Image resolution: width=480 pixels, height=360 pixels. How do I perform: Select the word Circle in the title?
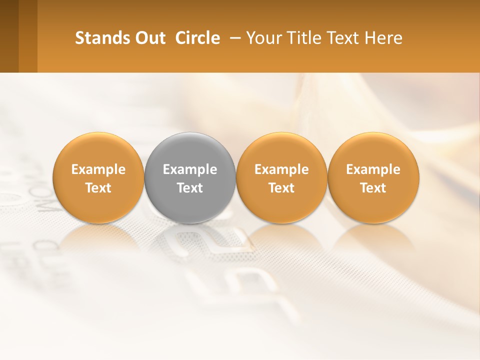(197, 38)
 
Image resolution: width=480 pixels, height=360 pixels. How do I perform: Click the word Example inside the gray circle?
(190, 169)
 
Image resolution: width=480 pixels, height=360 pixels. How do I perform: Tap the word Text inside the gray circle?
(190, 188)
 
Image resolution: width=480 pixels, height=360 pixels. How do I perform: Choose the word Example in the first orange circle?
(98, 169)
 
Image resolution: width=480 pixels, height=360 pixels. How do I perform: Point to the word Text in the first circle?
(98, 188)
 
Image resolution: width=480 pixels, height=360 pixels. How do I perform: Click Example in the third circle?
(281, 169)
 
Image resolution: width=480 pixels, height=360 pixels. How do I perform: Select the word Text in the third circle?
(281, 188)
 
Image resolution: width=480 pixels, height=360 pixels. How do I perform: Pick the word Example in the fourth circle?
(373, 169)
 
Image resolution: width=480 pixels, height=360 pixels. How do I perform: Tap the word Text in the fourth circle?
(373, 188)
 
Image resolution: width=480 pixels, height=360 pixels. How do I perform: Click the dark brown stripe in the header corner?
(9, 36)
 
